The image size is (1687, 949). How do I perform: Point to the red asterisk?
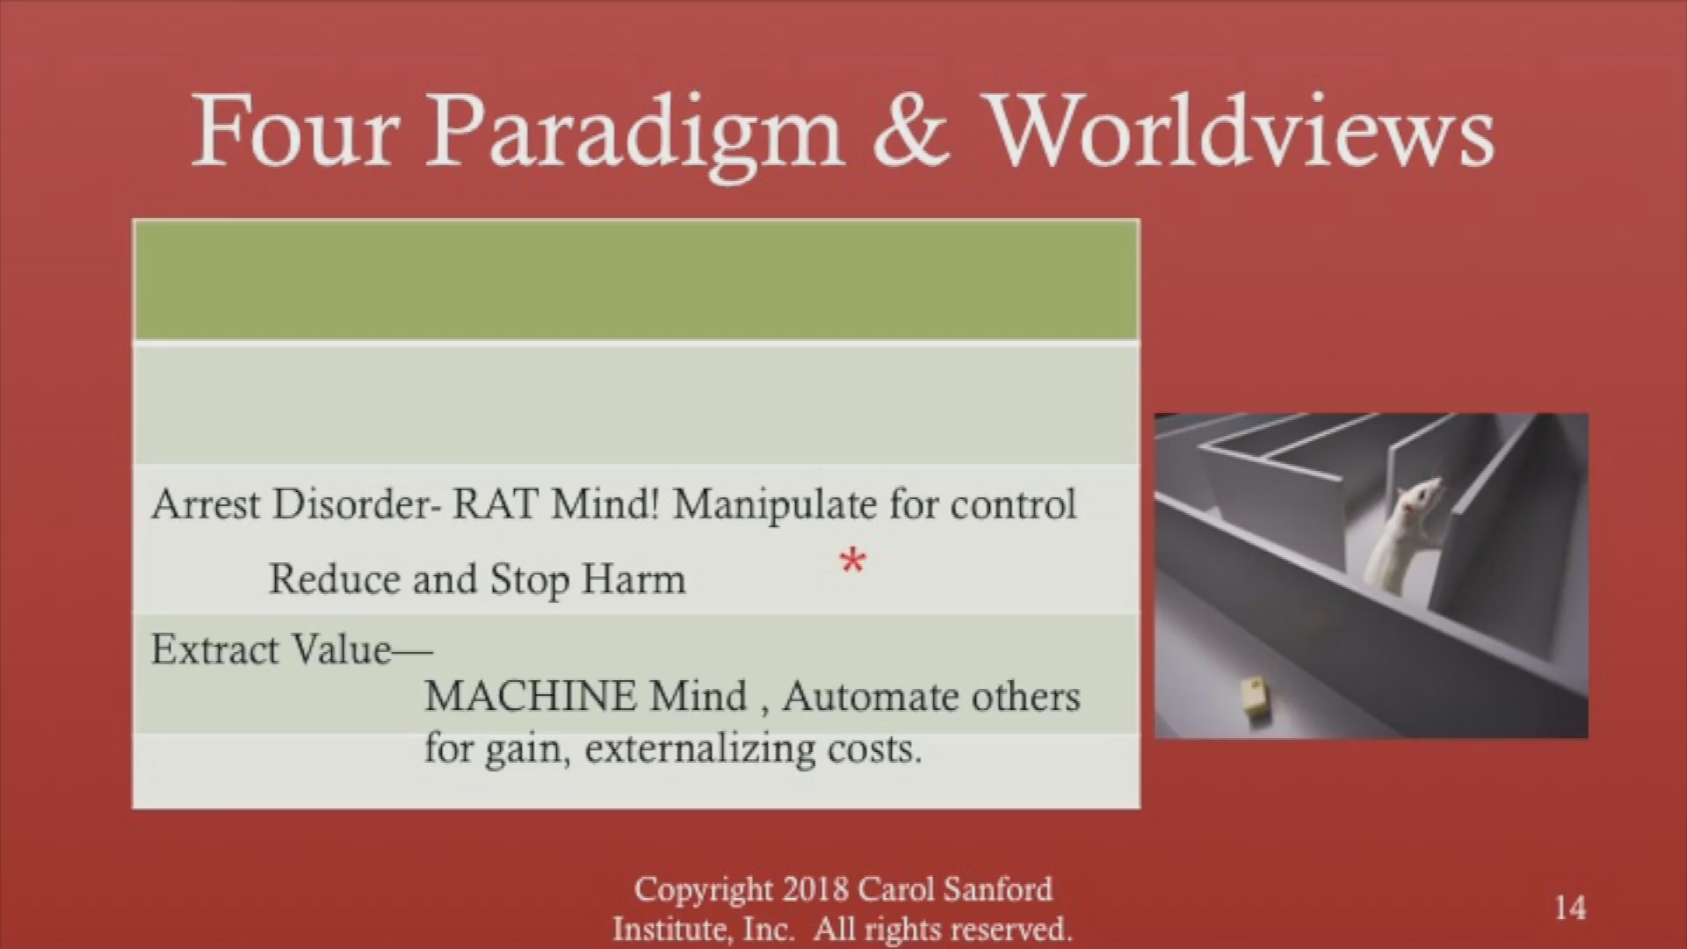tap(851, 561)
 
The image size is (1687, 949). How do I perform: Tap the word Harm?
tap(634, 579)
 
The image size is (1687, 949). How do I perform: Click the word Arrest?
tap(206, 505)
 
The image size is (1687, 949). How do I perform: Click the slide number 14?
tap(1570, 907)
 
